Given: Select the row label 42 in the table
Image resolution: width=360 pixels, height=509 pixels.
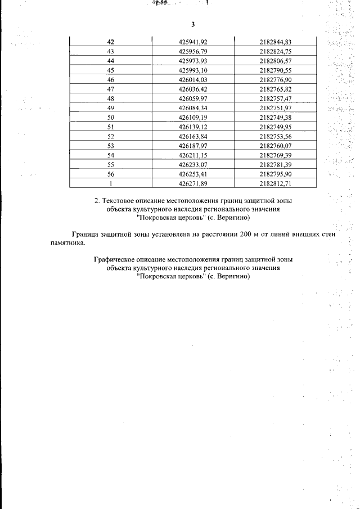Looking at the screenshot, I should pos(110,42).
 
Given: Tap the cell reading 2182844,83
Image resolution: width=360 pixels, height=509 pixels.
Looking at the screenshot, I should pos(276,42).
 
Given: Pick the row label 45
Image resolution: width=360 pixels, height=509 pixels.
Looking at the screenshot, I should pos(110,70).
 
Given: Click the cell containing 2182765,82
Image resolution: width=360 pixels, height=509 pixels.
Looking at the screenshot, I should pos(276,89).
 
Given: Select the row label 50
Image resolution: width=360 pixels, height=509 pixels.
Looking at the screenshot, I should pos(110,117).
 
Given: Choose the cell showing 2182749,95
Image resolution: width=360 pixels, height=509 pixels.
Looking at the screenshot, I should pos(276,127).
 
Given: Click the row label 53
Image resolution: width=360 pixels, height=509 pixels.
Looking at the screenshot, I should pos(110,146).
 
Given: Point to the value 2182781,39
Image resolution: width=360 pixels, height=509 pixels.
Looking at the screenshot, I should pos(276,164).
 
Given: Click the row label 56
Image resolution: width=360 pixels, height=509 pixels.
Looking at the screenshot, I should pos(110,174).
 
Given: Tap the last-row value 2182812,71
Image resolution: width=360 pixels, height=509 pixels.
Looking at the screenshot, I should pos(276,183).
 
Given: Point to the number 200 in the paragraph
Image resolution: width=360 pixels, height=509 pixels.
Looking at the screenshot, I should pos(245,235).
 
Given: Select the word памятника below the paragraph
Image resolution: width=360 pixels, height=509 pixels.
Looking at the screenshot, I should pos(66,243).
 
